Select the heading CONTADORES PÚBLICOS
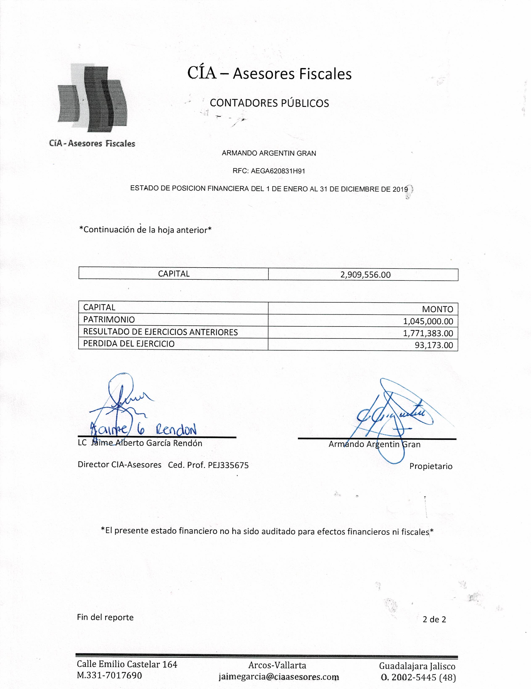pyautogui.click(x=269, y=103)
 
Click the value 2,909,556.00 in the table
pyautogui.click(x=365, y=274)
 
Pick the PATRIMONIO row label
pyautogui.click(x=109, y=320)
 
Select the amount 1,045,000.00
pyautogui.click(x=428, y=321)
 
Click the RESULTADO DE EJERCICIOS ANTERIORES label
pyautogui.click(x=160, y=332)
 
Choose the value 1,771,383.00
pyautogui.click(x=428, y=333)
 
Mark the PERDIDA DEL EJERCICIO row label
pyautogui.click(x=129, y=344)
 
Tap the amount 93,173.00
pyautogui.click(x=434, y=345)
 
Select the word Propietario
pyautogui.click(x=431, y=466)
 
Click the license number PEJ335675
pyautogui.click(x=228, y=465)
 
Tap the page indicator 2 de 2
pyautogui.click(x=434, y=619)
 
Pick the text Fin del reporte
pyautogui.click(x=105, y=617)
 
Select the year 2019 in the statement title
pyautogui.click(x=400, y=189)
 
